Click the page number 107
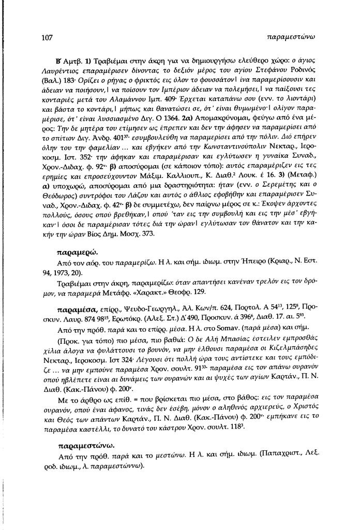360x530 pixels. [x=47, y=37]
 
